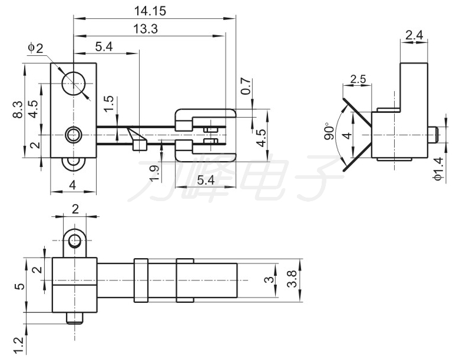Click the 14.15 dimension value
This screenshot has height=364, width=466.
click(150, 11)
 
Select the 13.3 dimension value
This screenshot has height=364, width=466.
click(146, 29)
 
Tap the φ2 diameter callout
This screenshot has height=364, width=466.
click(36, 48)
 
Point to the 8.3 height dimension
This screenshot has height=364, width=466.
click(18, 109)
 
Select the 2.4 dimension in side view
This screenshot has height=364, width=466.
click(414, 35)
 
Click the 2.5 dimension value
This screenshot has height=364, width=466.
click(358, 79)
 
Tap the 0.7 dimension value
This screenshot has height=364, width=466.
click(246, 86)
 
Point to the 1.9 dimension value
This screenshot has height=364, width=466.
click(154, 173)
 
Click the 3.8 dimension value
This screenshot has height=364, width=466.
click(292, 278)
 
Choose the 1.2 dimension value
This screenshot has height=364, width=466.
click(19, 345)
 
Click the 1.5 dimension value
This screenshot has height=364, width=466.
click(109, 103)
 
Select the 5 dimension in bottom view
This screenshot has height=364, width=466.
click(20, 286)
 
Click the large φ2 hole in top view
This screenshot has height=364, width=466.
click(74, 84)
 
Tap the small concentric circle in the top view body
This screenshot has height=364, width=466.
click(73, 135)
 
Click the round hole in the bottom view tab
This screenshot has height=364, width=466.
click(74, 241)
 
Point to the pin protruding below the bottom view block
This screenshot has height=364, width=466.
click(74, 318)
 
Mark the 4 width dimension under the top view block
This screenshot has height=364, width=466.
click(72, 185)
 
